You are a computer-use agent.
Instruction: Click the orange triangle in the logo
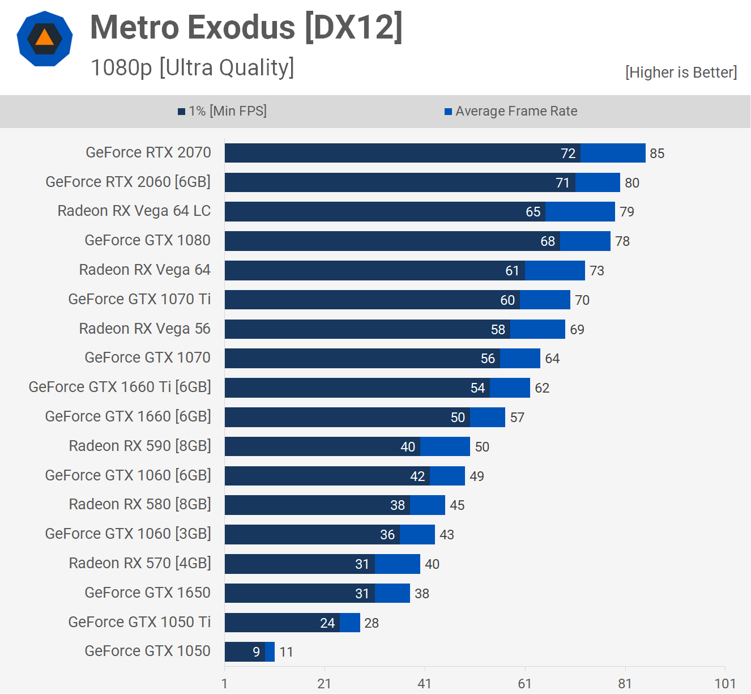44,37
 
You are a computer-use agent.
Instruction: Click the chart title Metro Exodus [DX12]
246,27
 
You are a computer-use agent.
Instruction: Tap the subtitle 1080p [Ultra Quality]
193,67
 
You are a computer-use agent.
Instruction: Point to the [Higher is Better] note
681,73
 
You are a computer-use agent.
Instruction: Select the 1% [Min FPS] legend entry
223,111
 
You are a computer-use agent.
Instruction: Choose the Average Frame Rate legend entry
511,111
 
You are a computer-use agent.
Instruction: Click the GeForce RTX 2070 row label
148,152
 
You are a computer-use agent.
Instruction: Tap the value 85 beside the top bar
657,154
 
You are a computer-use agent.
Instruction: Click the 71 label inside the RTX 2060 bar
562,183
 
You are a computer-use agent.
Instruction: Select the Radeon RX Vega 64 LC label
134,211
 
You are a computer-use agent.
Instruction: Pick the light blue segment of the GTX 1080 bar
585,241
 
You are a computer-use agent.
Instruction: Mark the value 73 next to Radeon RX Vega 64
597,271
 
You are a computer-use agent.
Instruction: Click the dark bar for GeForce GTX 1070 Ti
362,300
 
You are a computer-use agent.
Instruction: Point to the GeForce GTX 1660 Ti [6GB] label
120,387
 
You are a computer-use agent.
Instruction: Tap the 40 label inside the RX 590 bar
408,447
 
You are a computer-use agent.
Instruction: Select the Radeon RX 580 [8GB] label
140,504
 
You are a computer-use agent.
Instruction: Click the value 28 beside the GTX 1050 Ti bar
372,623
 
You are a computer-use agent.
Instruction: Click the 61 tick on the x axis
525,684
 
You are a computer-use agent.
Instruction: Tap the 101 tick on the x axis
725,684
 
